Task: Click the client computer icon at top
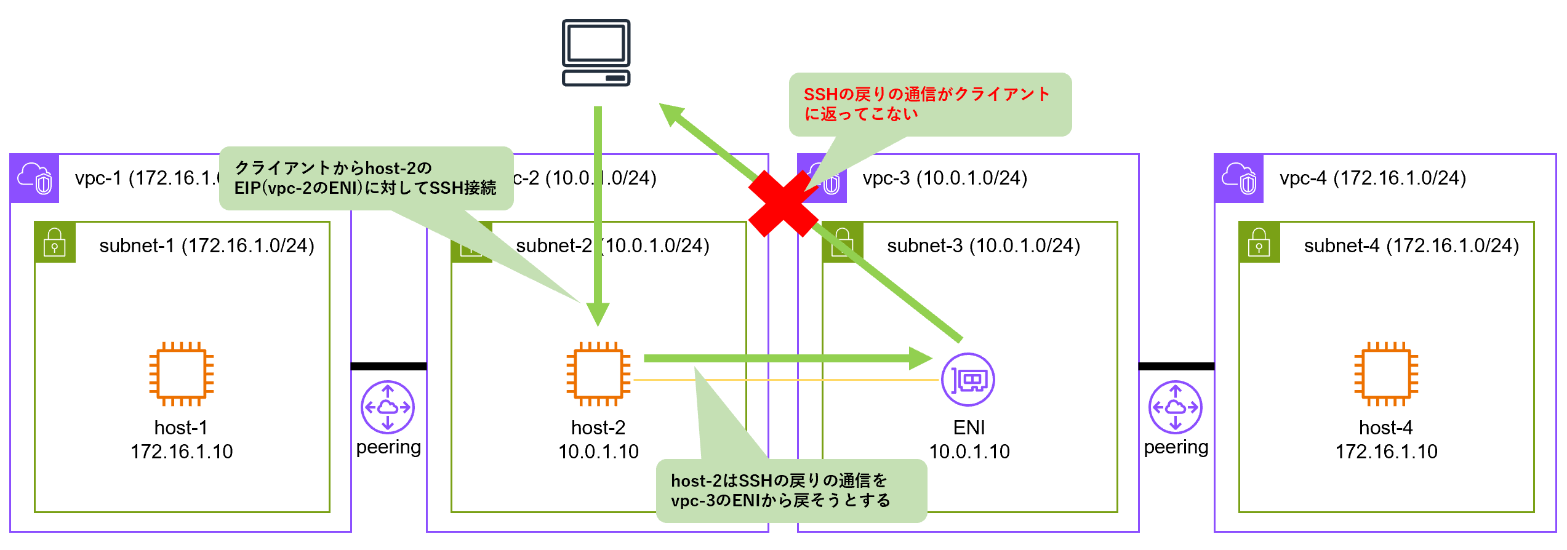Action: coord(596,53)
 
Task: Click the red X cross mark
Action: coord(783,204)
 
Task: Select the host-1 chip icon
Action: coord(182,373)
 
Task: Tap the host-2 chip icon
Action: coord(598,373)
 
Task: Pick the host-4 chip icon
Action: coord(1385,373)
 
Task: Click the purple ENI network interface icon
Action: coord(968,380)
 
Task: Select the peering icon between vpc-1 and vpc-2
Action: coord(388,407)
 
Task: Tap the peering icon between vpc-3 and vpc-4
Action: coord(1175,407)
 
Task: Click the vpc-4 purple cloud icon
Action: coord(1239,178)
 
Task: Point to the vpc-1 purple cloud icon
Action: coord(34,178)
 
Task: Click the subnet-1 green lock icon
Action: coord(55,242)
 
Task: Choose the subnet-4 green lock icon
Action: coord(1259,242)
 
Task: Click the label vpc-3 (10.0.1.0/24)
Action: coord(945,178)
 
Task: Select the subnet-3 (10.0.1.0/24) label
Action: coord(983,246)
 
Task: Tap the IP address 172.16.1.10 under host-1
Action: coord(182,452)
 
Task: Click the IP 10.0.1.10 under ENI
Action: coord(969,452)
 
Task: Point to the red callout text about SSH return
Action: coord(926,103)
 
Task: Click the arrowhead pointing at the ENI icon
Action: coord(921,358)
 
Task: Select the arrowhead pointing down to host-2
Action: coord(598,314)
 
